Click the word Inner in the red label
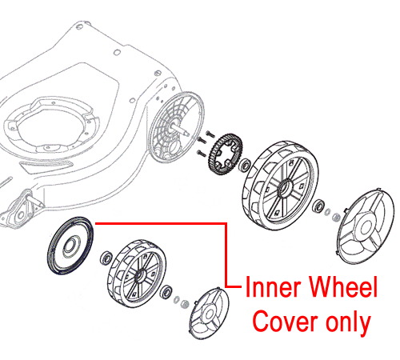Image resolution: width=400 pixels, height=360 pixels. tap(274, 286)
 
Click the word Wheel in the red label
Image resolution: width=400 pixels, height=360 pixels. tap(343, 286)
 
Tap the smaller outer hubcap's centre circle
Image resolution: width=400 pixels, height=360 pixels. tap(209, 313)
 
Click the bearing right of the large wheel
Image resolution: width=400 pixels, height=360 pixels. tap(318, 206)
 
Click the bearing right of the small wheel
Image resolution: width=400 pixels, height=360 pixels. tap(167, 291)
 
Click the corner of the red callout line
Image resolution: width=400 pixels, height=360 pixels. tap(226, 223)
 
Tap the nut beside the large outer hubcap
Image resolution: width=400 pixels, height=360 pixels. tap(336, 217)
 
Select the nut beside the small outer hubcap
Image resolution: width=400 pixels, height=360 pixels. tap(185, 303)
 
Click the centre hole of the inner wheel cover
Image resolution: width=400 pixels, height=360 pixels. tap(70, 245)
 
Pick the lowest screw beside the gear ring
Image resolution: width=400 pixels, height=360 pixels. tap(201, 153)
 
